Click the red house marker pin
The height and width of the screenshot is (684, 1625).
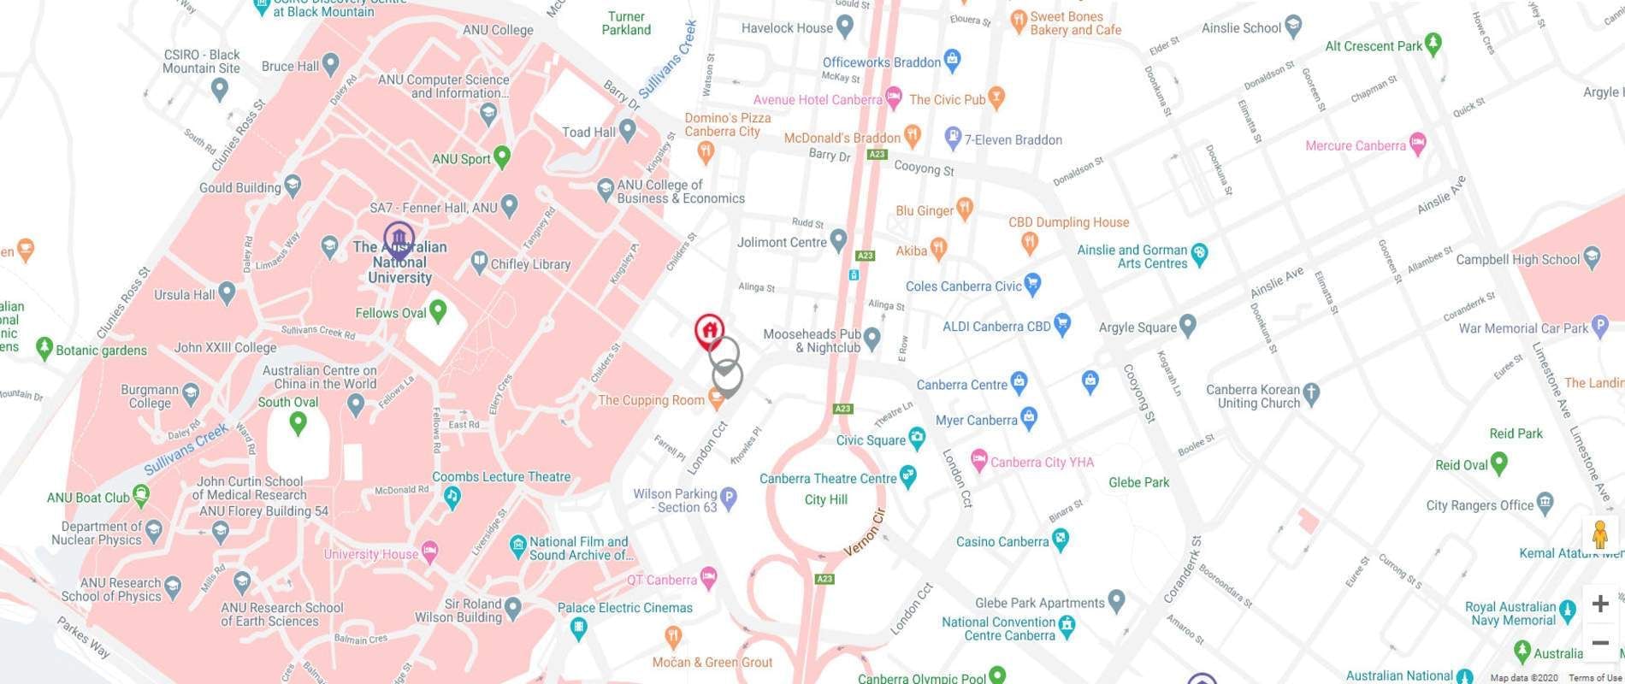tap(708, 330)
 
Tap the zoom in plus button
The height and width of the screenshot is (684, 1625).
tap(1599, 604)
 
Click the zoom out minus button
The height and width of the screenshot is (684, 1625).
tap(1599, 643)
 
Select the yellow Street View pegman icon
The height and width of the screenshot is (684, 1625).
tap(1599, 535)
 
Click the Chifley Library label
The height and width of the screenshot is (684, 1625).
tap(530, 264)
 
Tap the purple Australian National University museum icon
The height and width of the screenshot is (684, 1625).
tap(399, 239)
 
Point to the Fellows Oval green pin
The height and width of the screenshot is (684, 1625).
tap(438, 310)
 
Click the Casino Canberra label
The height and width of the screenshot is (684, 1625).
tap(1002, 541)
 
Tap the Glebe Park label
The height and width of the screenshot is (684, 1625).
tap(1138, 482)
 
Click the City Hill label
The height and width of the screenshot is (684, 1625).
tap(825, 499)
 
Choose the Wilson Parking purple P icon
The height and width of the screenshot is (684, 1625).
tap(728, 498)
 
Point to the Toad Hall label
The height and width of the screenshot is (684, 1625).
tap(588, 133)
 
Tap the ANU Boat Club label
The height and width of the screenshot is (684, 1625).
tap(88, 498)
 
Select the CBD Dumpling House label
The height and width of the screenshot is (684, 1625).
tap(1068, 222)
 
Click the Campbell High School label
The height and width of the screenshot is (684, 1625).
tap(1517, 259)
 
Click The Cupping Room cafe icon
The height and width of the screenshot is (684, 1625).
tap(717, 399)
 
